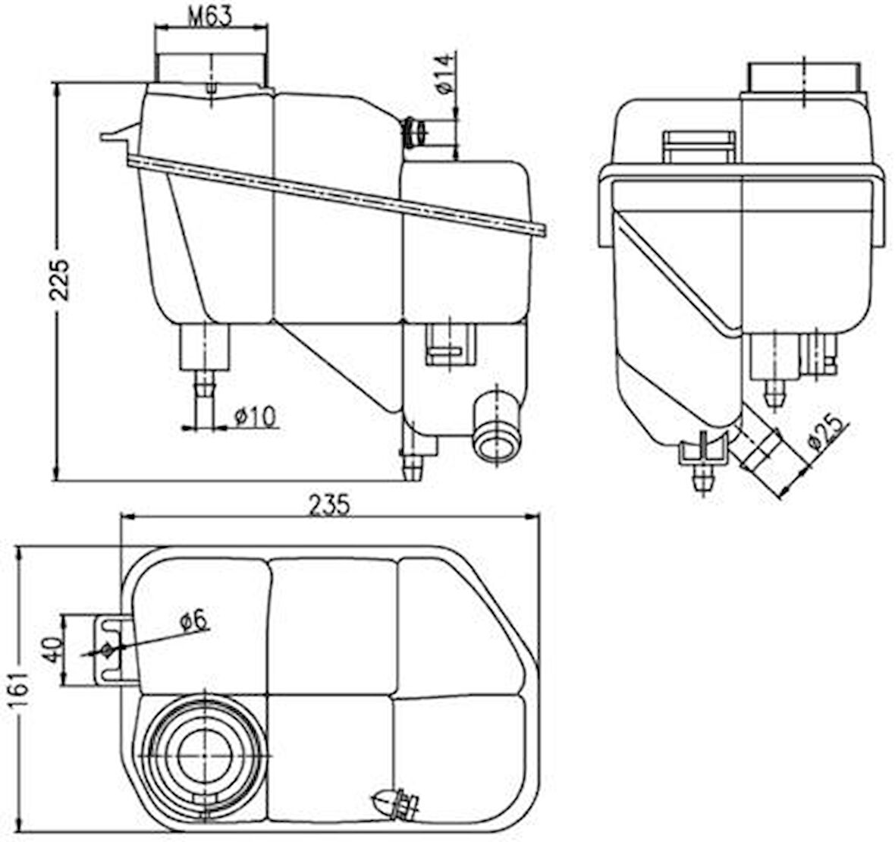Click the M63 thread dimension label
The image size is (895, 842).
pos(210,15)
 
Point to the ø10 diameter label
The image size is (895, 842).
pos(254,416)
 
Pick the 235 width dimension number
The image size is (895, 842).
pos(329,504)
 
